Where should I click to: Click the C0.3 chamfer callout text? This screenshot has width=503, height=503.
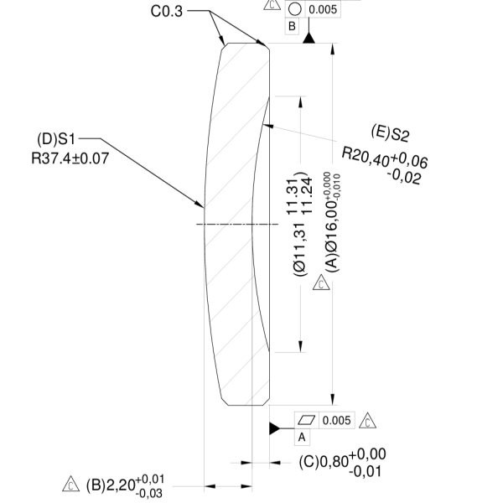[x=166, y=11]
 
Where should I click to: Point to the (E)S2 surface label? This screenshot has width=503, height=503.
[x=390, y=133]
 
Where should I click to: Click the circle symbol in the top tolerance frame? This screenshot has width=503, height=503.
[x=294, y=9]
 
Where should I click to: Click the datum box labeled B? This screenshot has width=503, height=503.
[x=293, y=26]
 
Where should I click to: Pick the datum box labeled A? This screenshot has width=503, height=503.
[x=303, y=437]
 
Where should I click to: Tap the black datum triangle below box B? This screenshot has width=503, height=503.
[x=309, y=39]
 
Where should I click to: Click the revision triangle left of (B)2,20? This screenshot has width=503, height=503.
[x=71, y=485]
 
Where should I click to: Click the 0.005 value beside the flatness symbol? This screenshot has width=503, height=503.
[x=335, y=419]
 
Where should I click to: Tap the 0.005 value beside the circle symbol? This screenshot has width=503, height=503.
[x=323, y=9]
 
